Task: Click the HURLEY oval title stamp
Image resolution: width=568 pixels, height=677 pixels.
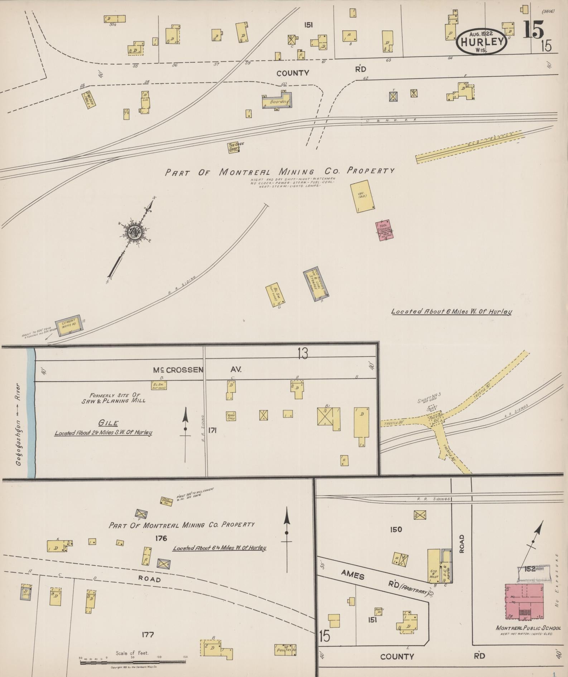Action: coord(482,42)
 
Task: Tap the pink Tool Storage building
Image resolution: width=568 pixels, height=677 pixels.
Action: coord(385,230)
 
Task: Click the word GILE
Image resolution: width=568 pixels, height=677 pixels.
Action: coord(109,423)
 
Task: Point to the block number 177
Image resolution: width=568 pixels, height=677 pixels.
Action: coord(148,635)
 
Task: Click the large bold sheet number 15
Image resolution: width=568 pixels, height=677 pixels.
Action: coord(533,30)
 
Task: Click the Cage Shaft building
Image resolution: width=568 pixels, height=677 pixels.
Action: coord(234,148)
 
